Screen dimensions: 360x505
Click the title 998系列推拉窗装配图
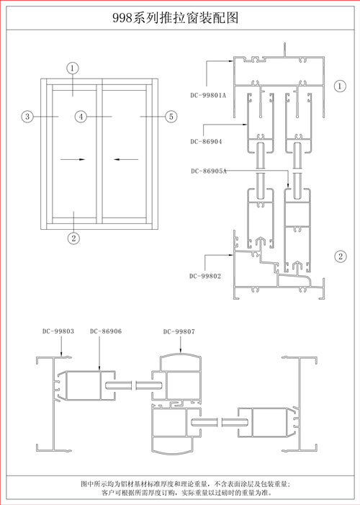(176, 18)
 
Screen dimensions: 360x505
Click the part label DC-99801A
(208, 95)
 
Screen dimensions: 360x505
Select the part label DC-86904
(206, 141)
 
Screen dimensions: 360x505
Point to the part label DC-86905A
(209, 171)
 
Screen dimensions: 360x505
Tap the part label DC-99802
(205, 276)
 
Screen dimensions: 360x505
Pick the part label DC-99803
(58, 331)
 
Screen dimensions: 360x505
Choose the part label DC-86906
(106, 331)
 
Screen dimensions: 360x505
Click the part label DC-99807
(179, 331)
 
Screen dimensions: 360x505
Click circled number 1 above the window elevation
(73, 68)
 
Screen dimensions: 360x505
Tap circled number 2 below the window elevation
(73, 238)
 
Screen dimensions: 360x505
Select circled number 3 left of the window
(27, 116)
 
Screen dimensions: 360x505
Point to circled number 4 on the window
(81, 116)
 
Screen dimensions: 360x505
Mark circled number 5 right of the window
(171, 116)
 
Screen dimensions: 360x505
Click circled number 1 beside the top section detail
(340, 86)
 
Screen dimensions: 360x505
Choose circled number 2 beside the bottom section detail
(341, 256)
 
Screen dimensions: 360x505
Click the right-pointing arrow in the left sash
(73, 159)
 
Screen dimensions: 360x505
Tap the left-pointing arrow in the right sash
(126, 159)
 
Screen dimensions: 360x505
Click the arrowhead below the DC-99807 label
(181, 352)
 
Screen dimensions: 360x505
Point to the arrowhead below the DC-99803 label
(62, 354)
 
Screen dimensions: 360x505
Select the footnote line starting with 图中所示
(186, 483)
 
